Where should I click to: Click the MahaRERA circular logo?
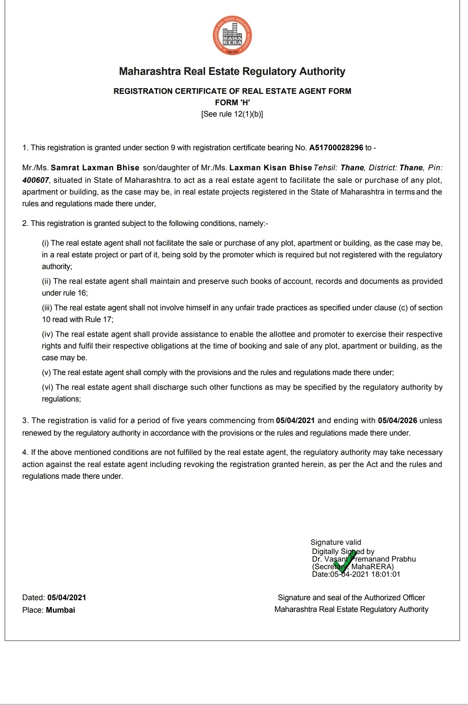point(232,36)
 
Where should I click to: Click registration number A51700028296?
point(336,148)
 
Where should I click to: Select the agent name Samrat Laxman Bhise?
point(95,168)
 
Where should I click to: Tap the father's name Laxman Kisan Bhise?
point(271,168)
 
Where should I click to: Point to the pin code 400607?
point(36,180)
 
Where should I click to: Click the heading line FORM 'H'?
point(232,103)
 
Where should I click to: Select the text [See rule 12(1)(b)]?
point(232,114)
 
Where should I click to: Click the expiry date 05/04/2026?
point(397,420)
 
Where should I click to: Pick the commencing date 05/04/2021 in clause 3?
point(295,420)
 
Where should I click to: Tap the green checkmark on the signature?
point(345,562)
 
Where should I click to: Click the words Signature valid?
point(336,542)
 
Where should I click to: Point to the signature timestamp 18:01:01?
point(385,574)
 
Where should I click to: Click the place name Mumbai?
point(61,610)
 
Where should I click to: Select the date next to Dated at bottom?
point(67,598)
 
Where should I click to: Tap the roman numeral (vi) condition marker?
point(48,387)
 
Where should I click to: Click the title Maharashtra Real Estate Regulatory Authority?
point(232,71)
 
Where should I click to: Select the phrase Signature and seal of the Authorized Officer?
point(351,598)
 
